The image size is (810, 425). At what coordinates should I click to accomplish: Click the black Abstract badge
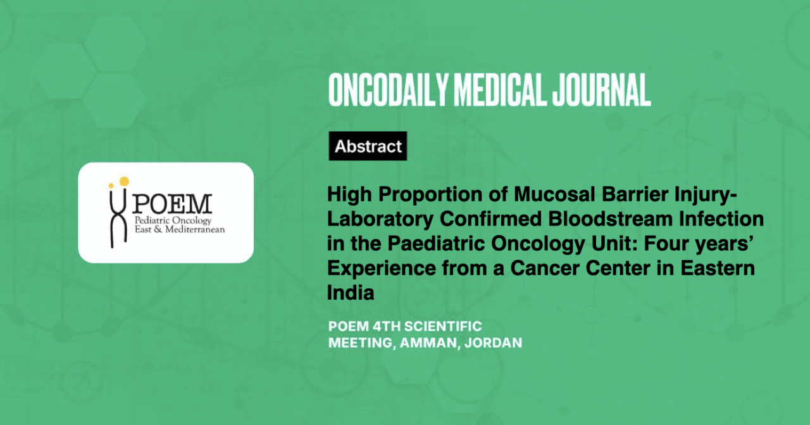point(368,146)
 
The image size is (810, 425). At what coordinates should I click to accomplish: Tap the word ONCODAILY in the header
point(388,90)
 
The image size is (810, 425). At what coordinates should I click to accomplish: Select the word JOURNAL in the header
point(601,90)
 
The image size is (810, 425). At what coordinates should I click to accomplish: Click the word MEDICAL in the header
point(500,90)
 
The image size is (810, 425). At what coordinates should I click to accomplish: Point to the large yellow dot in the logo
point(124,181)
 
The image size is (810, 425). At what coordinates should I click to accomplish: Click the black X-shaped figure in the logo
point(118,217)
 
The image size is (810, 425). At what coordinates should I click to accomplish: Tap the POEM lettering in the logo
point(171,204)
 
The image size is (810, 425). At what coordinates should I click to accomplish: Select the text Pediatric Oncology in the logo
point(173,221)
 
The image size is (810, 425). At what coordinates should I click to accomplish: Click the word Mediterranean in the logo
point(195,229)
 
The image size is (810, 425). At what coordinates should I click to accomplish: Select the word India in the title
point(351,293)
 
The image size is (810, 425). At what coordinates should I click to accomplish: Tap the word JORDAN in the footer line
point(493,343)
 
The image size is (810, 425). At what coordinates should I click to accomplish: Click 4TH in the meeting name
point(386,327)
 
